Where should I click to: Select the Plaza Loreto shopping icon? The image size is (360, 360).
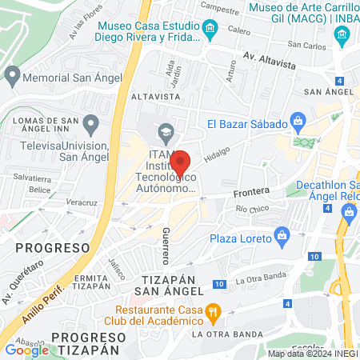(281, 236)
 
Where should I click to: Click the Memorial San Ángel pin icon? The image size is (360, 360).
(12, 77)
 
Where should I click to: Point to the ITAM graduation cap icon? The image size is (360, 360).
(166, 132)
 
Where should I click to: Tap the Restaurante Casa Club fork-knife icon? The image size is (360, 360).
(213, 310)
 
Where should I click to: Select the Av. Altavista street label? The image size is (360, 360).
(270, 58)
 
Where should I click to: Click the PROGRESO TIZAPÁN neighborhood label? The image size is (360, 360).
(72, 342)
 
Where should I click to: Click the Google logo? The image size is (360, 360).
(26, 349)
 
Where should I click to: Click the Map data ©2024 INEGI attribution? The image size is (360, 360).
(312, 354)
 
